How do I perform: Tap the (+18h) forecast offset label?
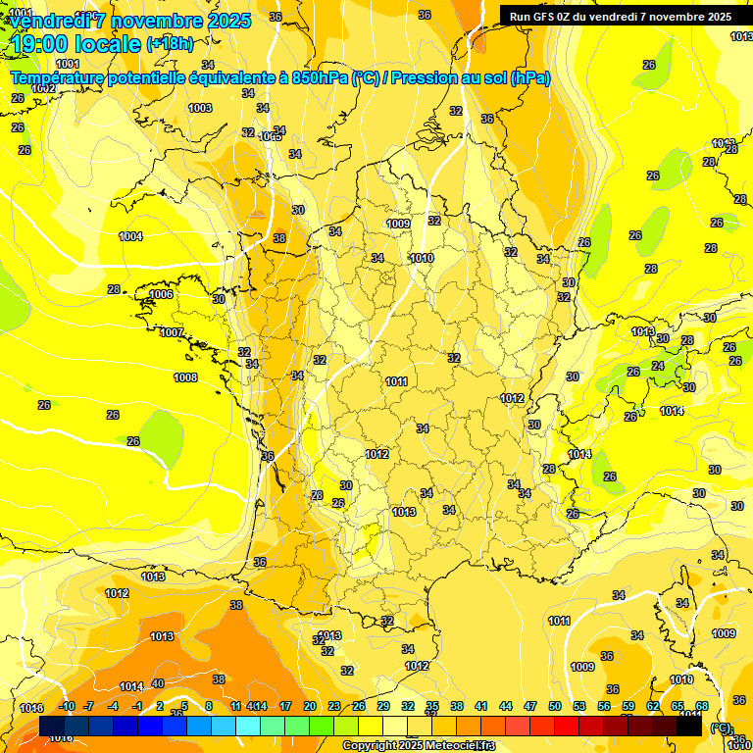tap(170, 44)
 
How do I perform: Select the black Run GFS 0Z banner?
tap(620, 17)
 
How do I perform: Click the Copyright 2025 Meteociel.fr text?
tap(420, 746)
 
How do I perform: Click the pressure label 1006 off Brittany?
tap(162, 294)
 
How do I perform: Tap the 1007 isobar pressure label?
tap(172, 332)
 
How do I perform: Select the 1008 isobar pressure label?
tap(185, 377)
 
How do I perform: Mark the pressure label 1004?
tap(130, 236)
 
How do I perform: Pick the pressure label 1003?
tap(200, 108)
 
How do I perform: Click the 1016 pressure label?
tap(31, 708)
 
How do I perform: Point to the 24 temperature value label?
tap(657, 366)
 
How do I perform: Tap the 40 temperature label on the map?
tap(158, 683)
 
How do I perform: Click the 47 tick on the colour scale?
tap(530, 706)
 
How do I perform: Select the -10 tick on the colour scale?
tap(68, 706)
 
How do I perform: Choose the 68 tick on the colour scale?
tap(702, 706)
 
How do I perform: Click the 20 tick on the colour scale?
tap(310, 706)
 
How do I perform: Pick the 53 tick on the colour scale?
tap(579, 706)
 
